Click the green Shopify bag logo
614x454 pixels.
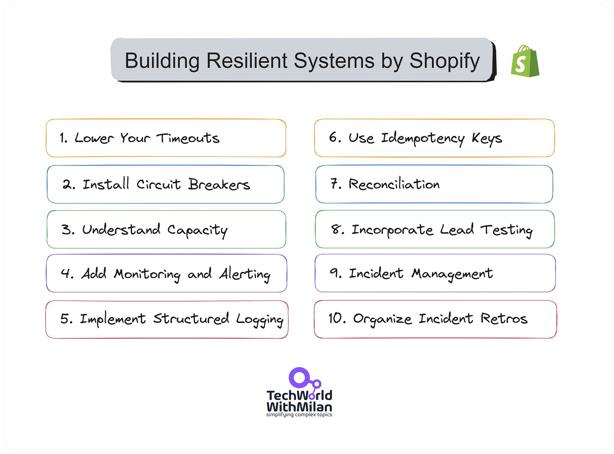[x=525, y=62]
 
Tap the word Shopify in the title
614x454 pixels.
[x=444, y=61]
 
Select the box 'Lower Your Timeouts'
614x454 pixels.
[x=166, y=138]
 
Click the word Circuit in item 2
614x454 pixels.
[x=159, y=184]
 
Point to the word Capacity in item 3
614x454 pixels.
[x=197, y=230]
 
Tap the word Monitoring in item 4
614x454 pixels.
[x=147, y=274]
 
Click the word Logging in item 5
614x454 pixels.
[x=259, y=319]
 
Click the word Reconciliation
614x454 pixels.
[x=394, y=184]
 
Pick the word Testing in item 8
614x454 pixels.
[x=506, y=230]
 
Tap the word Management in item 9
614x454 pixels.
[x=452, y=274]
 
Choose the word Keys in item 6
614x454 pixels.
[x=487, y=138]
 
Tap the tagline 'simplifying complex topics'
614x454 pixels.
[x=299, y=415]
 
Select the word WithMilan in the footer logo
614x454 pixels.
[x=299, y=407]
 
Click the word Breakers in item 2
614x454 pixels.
[x=219, y=184]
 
